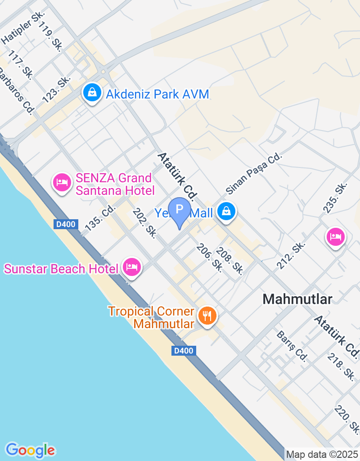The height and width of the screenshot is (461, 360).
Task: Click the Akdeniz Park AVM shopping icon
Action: pyautogui.click(x=92, y=93)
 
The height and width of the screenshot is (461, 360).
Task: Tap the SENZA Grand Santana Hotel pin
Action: pyautogui.click(x=62, y=182)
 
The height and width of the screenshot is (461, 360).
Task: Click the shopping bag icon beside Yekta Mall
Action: pyautogui.click(x=226, y=211)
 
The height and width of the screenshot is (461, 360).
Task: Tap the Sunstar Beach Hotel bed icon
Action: pyautogui.click(x=132, y=267)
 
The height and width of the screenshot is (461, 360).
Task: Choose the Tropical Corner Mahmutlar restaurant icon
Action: pyautogui.click(x=207, y=316)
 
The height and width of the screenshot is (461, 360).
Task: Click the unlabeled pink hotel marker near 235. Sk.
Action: pyautogui.click(x=336, y=235)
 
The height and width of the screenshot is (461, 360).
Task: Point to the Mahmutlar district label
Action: pyautogui.click(x=297, y=299)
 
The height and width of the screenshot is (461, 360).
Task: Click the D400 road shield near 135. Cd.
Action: pyautogui.click(x=66, y=224)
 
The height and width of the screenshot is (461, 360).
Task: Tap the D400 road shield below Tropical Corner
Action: pyautogui.click(x=184, y=351)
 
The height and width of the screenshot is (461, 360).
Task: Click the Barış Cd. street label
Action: pyautogui.click(x=292, y=346)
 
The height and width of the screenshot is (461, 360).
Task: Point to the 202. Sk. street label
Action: pyautogui.click(x=144, y=223)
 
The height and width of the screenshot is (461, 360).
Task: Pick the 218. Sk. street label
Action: pyautogui.click(x=341, y=366)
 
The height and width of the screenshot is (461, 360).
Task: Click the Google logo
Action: pyautogui.click(x=30, y=450)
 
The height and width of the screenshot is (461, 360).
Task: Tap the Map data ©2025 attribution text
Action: pyautogui.click(x=322, y=455)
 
